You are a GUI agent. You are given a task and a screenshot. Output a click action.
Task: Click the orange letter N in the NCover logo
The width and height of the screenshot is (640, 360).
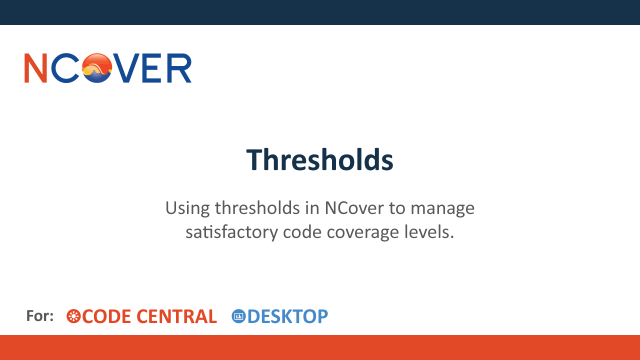pos(35,68)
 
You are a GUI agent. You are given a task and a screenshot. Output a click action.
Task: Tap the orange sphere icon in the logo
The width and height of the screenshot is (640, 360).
pos(97,68)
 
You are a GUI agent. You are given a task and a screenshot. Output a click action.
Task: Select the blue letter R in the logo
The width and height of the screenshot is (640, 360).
pos(179,68)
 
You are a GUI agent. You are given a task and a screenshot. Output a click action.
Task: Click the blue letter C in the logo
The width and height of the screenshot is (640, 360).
pos(65,68)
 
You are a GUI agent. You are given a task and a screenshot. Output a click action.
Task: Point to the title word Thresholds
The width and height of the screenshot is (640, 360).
pos(319,159)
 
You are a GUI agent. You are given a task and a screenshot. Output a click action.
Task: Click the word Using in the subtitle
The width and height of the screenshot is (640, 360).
pos(187,208)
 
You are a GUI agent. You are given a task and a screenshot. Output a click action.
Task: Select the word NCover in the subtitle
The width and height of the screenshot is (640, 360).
pos(354,207)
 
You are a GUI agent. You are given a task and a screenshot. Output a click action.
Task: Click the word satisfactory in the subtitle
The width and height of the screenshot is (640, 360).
pos(231,232)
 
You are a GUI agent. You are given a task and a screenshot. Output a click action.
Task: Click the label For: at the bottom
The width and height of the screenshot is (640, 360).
pos(40,316)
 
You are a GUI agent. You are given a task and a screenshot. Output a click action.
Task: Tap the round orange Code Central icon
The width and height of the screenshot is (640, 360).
pos(73,316)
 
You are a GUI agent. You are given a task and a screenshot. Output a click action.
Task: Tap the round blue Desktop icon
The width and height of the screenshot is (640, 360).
pos(238,316)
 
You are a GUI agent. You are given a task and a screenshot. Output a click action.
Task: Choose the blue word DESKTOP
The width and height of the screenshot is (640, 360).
pos(287,316)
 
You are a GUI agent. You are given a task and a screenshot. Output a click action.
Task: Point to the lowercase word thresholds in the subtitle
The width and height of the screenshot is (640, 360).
pos(257,207)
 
